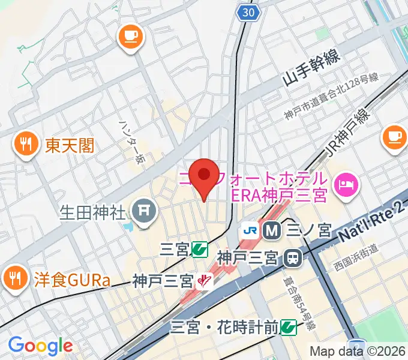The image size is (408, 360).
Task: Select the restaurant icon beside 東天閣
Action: click(25, 143)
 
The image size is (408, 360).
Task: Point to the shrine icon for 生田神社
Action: click(144, 211)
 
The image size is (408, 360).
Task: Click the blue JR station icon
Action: click(250, 229)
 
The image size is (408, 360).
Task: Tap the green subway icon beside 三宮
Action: click(200, 249)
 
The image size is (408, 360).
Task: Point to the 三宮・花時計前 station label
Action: click(224, 328)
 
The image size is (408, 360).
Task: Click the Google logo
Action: click(40, 346)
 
